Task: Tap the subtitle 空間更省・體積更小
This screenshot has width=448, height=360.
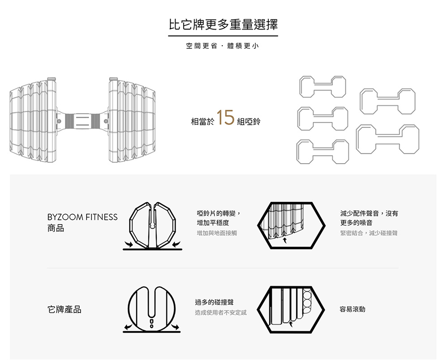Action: tap(223, 47)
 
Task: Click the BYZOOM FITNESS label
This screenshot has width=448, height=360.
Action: tap(82, 217)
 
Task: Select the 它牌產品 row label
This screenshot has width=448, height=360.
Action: tap(65, 310)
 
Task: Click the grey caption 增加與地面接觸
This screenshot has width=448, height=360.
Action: tap(217, 233)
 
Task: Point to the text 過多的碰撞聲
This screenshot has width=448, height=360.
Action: tap(214, 303)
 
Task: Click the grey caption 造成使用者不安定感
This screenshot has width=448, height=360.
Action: tap(220, 312)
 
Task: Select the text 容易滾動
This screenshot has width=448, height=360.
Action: tap(353, 309)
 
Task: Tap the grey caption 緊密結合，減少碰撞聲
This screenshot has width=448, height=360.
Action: tap(369, 233)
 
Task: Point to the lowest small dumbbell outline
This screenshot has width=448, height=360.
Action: tap(323, 152)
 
